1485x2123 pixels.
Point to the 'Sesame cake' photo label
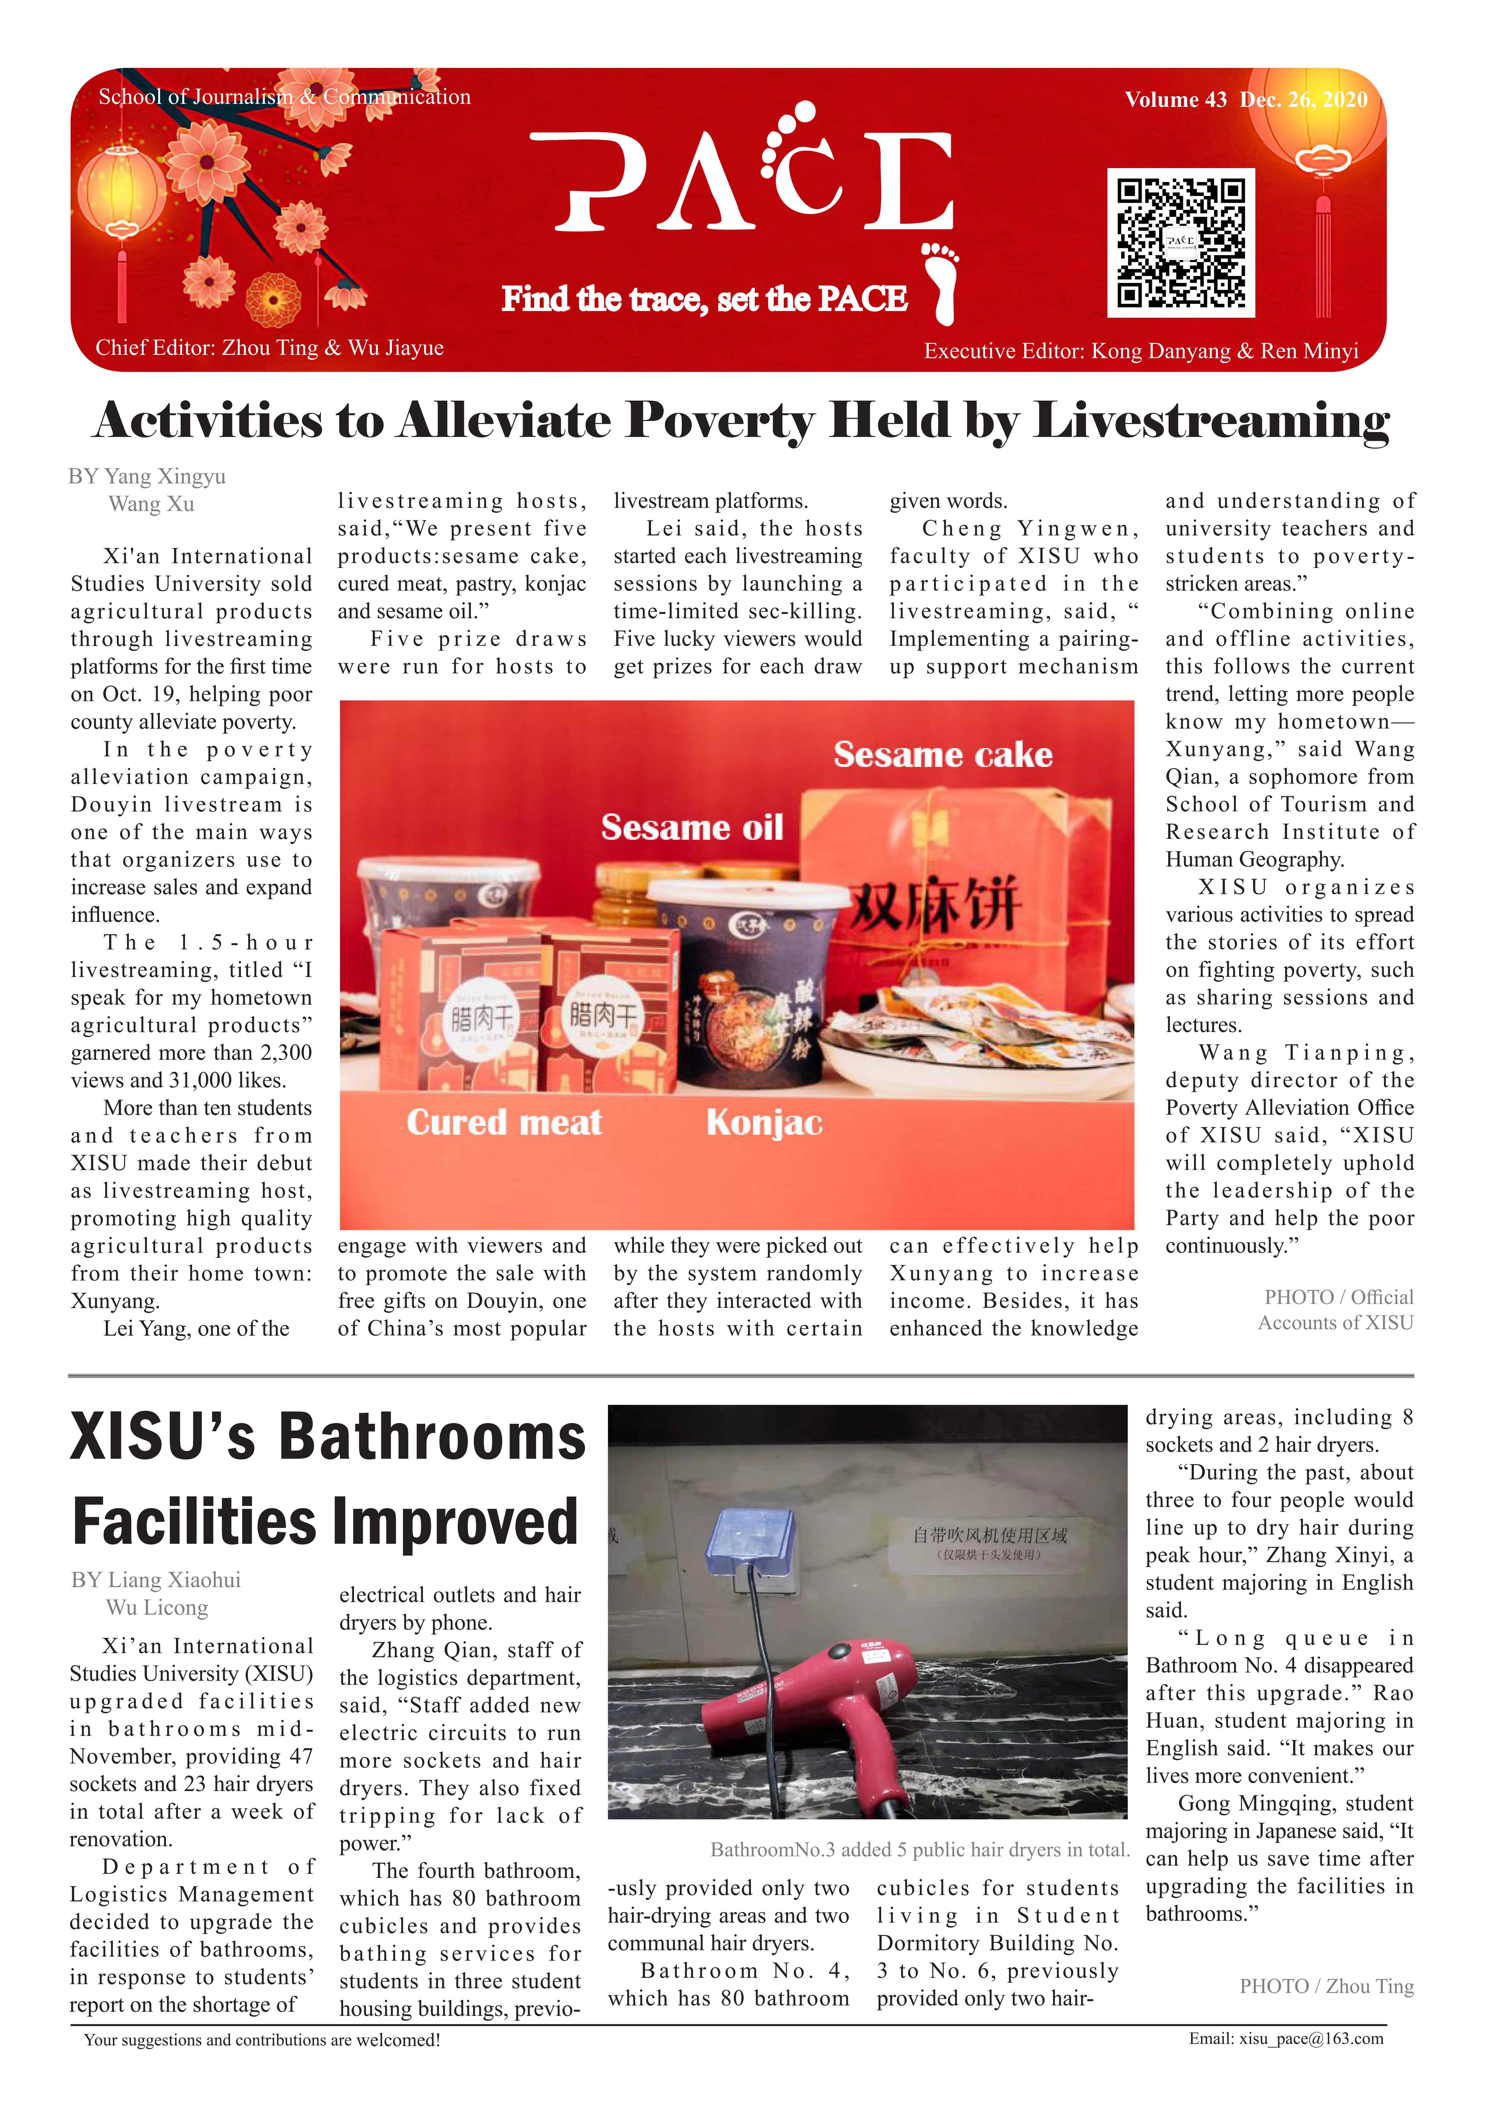pyautogui.click(x=942, y=755)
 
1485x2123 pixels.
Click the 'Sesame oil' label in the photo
pyautogui.click(x=692, y=827)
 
